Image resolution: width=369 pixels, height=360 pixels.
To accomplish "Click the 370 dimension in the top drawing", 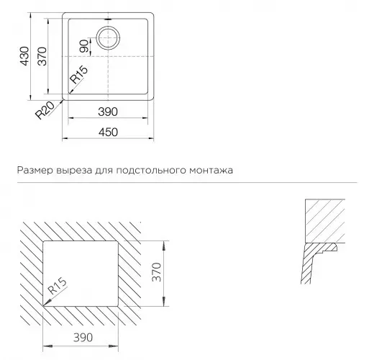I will click(x=43, y=56).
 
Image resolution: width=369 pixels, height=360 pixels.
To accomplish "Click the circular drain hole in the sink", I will click(x=109, y=36).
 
